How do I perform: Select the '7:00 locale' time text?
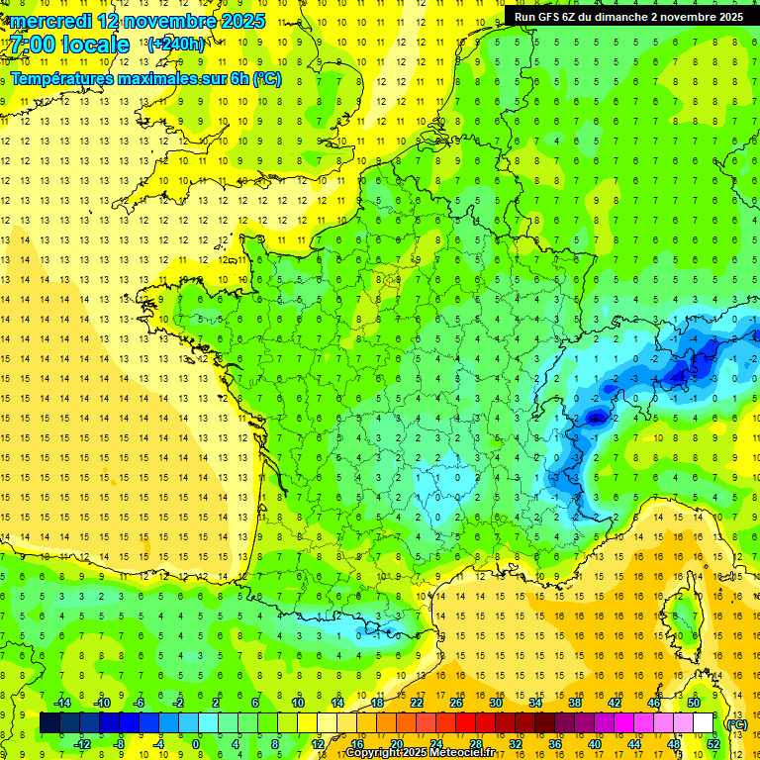pyautogui.click(x=70, y=45)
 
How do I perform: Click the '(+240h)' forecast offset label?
pyautogui.click(x=176, y=44)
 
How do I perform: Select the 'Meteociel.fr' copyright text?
pyautogui.click(x=451, y=753)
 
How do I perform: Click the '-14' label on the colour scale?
pyautogui.click(x=61, y=703)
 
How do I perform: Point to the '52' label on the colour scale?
pyautogui.click(x=713, y=744)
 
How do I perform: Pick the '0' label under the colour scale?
pyautogui.click(x=195, y=744)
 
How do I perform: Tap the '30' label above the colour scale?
pyautogui.click(x=495, y=703)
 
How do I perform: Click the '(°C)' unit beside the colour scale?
pyautogui.click(x=737, y=724)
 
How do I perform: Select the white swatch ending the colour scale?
pyautogui.click(x=704, y=723)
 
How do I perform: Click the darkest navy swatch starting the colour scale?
pyautogui.click(x=49, y=723)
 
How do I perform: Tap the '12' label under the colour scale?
pyautogui.click(x=318, y=744)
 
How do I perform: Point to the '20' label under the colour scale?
pyautogui.click(x=397, y=744)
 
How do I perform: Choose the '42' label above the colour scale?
pyautogui.click(x=614, y=703)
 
